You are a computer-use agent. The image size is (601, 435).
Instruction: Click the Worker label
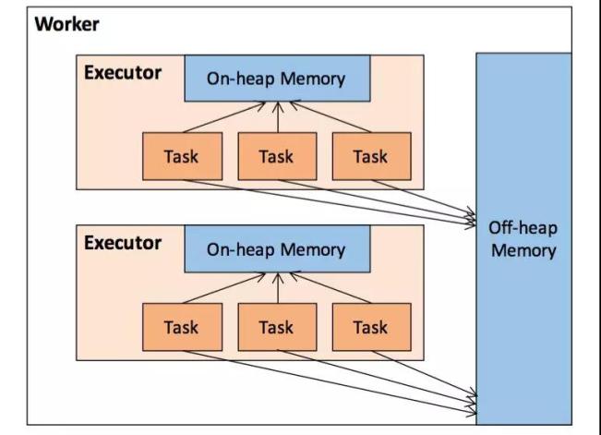coord(66,24)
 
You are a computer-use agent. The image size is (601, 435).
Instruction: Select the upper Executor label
coord(123,73)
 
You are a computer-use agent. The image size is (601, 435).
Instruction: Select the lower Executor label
coord(123,244)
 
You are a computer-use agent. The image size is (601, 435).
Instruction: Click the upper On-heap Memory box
coord(276,79)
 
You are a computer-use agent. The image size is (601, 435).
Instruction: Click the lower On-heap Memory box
coord(276,249)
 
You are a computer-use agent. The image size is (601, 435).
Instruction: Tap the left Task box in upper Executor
coord(181,156)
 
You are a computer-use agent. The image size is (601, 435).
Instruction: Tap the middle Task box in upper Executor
coord(276,156)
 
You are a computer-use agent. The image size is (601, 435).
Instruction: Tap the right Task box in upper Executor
coord(370,156)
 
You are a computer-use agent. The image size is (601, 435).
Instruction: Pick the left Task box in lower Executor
coord(181,326)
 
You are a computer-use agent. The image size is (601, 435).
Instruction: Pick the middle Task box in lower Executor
coord(276,326)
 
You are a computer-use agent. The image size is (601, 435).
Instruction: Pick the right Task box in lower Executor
coord(370,326)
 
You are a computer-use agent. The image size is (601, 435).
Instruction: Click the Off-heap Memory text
coord(523,238)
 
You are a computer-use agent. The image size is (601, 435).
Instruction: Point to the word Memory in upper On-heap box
coord(313,79)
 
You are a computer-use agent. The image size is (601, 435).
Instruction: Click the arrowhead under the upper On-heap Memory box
coord(276,106)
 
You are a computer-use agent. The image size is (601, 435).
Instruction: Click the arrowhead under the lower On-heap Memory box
coord(276,277)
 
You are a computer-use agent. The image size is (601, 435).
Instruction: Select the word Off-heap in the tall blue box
coord(523,228)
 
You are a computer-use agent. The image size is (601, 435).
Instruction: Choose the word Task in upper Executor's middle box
coord(276,156)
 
